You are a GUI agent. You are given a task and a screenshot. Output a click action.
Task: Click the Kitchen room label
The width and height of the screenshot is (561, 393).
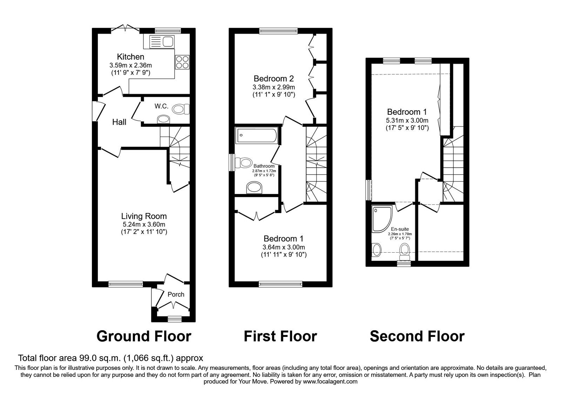130,56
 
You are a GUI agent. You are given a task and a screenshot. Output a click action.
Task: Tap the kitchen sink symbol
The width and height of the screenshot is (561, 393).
159,42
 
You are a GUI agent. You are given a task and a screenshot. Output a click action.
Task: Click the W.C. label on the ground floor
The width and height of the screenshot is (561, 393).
162,106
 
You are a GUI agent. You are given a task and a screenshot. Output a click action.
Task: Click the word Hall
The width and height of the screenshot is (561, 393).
119,122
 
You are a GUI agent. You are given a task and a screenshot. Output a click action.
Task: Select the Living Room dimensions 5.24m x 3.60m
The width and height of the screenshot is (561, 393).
143,225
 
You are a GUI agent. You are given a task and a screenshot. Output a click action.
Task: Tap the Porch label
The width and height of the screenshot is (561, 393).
176,294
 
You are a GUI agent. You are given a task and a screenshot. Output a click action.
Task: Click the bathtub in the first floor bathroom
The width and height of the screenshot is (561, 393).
257,135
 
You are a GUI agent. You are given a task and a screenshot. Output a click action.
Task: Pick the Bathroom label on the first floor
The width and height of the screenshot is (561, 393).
264,166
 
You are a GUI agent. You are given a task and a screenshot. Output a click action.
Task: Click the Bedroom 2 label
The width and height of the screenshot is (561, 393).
273,79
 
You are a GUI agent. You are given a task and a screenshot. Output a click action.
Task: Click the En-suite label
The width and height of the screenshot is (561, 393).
400,229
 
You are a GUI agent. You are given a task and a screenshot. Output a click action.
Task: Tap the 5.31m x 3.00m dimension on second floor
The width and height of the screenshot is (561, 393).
407,120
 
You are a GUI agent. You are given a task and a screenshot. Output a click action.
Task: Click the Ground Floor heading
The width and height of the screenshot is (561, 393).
143,336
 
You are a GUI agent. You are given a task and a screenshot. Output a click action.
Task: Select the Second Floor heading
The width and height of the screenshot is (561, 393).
417,336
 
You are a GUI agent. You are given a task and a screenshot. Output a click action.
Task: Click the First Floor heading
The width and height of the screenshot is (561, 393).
280,336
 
